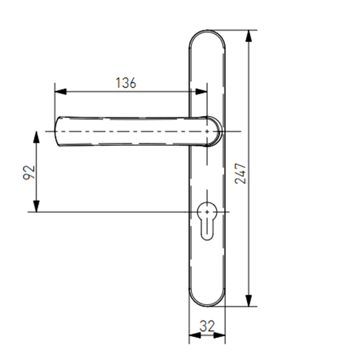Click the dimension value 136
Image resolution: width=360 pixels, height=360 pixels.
pyautogui.click(x=126, y=83)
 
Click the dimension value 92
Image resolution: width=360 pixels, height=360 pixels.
pyautogui.click(x=29, y=172)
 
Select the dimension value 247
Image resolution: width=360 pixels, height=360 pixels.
pyautogui.click(x=240, y=173)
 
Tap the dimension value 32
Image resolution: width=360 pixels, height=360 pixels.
pyautogui.click(x=207, y=326)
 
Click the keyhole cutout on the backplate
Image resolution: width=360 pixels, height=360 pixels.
pyautogui.click(x=207, y=221)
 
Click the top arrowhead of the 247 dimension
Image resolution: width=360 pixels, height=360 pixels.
pyautogui.click(x=248, y=36)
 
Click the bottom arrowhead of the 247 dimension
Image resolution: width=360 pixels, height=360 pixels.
pyautogui.click(x=248, y=301)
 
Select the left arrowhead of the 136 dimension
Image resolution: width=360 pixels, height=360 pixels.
pyautogui.click(x=61, y=91)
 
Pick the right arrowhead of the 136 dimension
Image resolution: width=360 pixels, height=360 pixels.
pyautogui.click(x=201, y=91)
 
